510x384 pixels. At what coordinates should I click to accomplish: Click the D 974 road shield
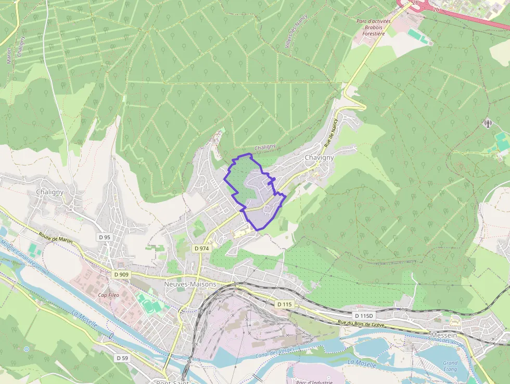201,249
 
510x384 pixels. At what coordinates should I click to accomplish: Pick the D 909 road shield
121,275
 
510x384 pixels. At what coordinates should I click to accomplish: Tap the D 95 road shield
105,237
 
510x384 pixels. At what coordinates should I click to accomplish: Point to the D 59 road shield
122,358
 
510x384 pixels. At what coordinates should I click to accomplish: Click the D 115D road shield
363,316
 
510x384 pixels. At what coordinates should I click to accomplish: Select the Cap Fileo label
108,295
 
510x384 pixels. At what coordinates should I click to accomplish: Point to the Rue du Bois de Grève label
361,324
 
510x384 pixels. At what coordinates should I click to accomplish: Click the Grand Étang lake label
450,366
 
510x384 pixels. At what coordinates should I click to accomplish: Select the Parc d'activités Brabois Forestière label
373,28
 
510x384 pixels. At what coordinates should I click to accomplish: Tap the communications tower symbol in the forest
488,123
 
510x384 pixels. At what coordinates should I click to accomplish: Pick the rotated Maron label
8,56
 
